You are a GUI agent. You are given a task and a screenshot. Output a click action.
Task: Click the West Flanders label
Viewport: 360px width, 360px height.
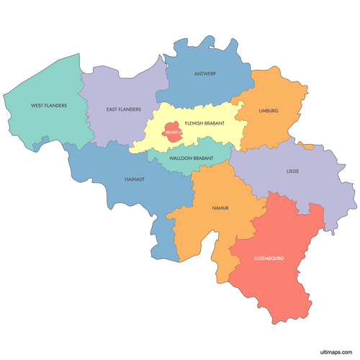[49, 105]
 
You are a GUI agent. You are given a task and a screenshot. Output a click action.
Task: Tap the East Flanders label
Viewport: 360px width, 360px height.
[123, 109]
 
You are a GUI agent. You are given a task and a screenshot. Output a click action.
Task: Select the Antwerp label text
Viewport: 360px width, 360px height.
[205, 73]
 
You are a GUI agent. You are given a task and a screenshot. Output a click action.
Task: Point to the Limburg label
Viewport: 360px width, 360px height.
[268, 111]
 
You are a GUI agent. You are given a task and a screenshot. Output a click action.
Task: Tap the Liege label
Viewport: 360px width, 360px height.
[292, 171]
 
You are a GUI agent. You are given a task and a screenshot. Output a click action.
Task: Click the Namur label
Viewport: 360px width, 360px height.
[220, 208]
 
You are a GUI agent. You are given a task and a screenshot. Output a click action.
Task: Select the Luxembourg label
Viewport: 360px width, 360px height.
[269, 258]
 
